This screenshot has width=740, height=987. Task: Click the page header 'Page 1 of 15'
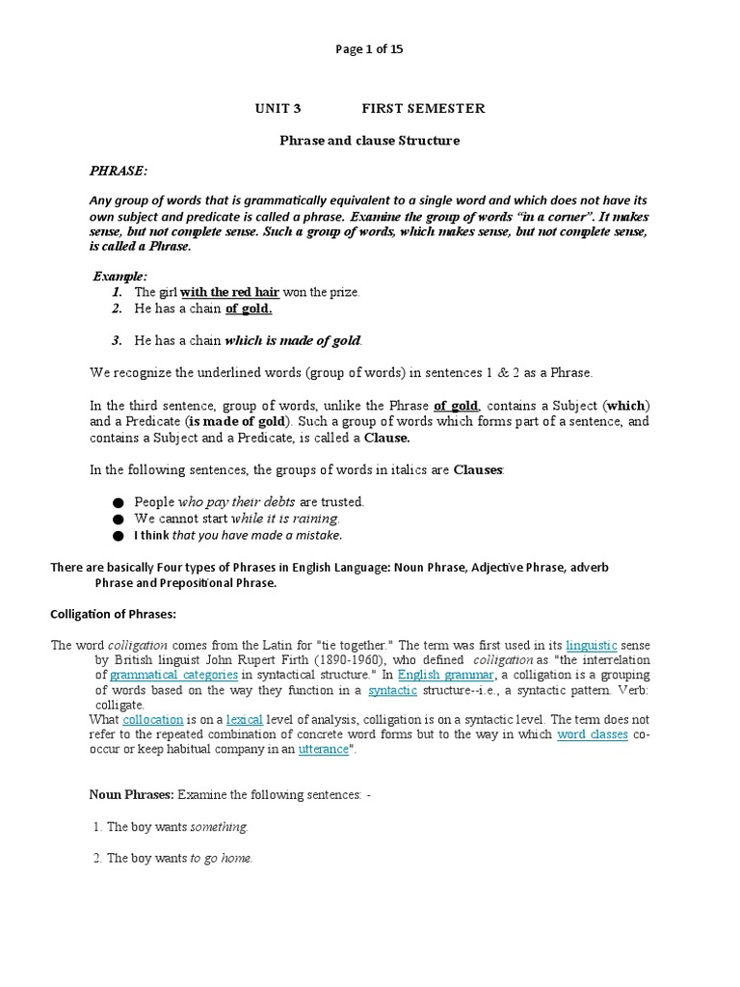click(370, 50)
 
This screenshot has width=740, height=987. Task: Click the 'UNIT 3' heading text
click(278, 108)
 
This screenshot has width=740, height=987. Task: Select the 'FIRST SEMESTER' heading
click(423, 108)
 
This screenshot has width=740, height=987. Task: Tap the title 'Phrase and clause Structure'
click(370, 141)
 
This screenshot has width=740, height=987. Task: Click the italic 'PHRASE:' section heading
click(119, 171)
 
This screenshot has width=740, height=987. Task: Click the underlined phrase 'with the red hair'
click(230, 291)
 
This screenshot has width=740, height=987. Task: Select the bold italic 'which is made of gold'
click(292, 340)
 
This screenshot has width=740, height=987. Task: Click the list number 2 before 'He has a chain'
click(116, 308)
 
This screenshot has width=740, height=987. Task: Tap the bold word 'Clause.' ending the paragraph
click(386, 437)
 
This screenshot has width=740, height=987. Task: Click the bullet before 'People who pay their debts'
click(118, 503)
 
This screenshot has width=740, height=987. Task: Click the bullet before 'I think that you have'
click(118, 536)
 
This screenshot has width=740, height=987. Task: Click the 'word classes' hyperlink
click(593, 734)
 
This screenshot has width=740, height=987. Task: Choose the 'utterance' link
click(323, 749)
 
